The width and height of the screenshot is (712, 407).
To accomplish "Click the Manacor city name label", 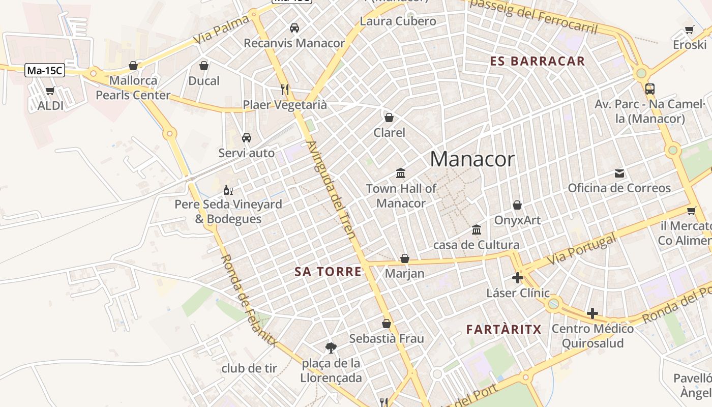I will pos(472,159).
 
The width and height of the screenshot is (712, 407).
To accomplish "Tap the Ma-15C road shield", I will pos(45,71).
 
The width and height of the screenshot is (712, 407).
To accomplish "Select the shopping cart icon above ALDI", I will pos(50,91).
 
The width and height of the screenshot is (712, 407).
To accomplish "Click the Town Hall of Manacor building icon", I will pos(401,173).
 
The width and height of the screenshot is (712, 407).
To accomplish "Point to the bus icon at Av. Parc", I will pos(649,89).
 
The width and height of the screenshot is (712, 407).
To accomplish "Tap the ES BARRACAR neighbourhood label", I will pos(538,62).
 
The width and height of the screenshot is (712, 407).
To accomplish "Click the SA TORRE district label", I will pos(328,272).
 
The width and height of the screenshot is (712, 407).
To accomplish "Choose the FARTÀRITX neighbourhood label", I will pos(504,330).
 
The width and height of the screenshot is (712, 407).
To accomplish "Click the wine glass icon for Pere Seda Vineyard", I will pos(228,190).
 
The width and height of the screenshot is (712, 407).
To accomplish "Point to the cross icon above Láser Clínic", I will pos(518,278).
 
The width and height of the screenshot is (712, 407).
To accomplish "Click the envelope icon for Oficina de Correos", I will pos(619,173).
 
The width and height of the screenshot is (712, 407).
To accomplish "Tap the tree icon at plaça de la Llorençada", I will pos(331,348).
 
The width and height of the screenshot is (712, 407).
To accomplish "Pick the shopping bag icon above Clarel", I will pos(389,118).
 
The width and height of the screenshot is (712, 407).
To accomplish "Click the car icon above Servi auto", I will pos(247,138).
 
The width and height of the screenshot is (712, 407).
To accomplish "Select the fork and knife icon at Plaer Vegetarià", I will pos(285,90).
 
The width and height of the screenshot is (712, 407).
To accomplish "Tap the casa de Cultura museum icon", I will pos(477,230).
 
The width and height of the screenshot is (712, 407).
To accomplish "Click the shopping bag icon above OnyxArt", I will pos(517,205).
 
